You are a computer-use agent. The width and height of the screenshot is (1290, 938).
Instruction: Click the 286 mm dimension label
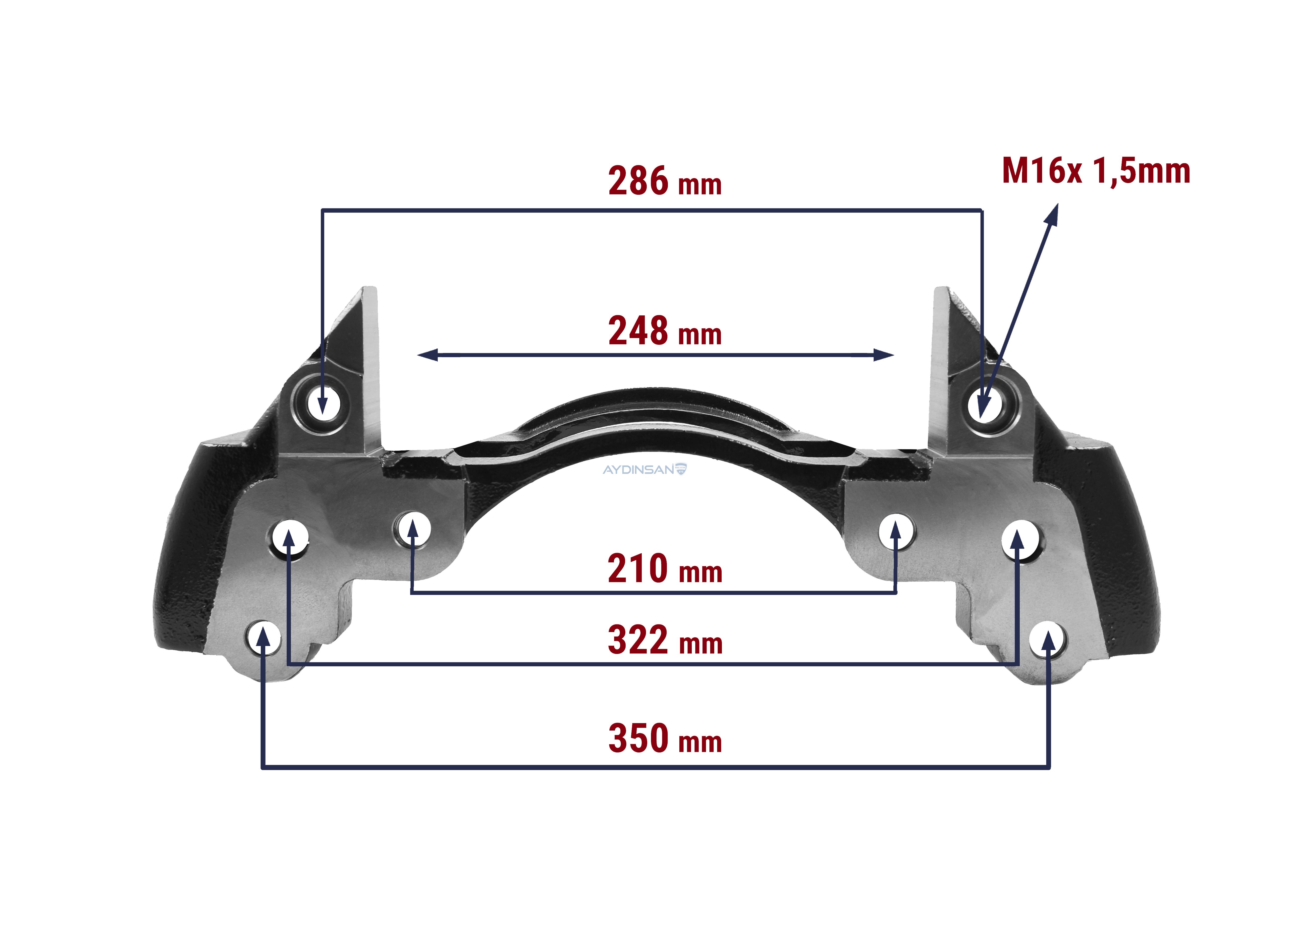click(665, 181)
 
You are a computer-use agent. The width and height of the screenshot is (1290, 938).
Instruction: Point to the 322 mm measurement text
click(665, 640)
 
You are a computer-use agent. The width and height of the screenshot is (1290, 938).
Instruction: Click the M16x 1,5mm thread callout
click(1096, 171)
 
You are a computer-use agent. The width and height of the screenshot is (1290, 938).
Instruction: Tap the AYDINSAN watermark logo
click(645, 470)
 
